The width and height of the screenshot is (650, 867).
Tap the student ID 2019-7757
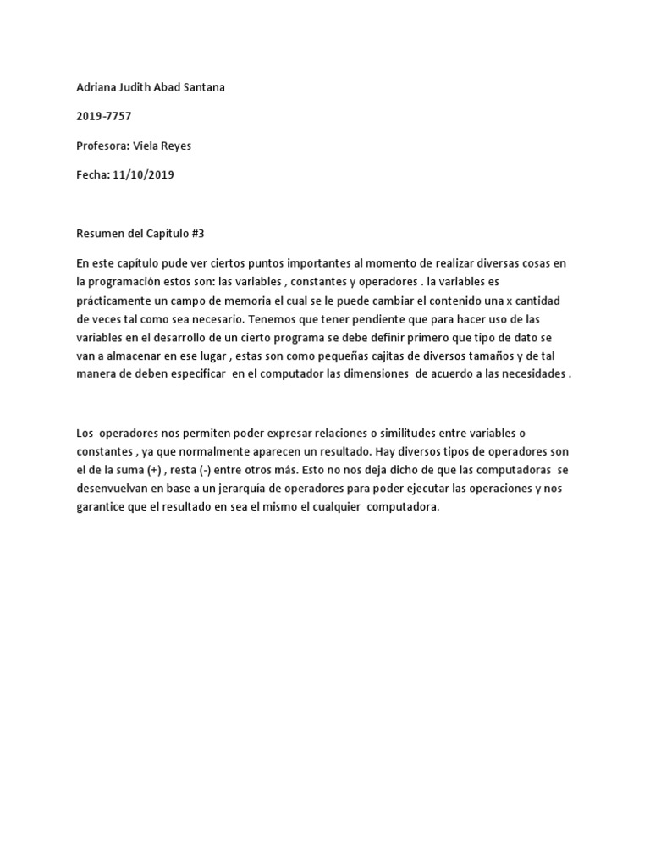[104, 115]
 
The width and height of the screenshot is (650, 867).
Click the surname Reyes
[174, 146]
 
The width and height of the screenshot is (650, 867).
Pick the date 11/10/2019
[142, 175]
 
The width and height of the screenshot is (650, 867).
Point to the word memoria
[257, 301]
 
